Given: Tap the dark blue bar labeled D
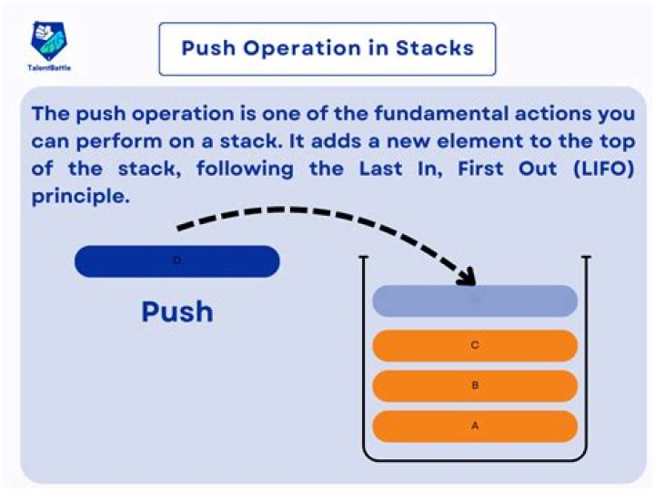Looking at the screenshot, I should pyautogui.click(x=176, y=261).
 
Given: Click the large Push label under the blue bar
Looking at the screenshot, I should pyautogui.click(x=177, y=312).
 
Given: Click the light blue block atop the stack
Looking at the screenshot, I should pyautogui.click(x=475, y=302).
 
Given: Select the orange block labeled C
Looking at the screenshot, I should pyautogui.click(x=475, y=346).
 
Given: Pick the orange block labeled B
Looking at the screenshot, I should pyautogui.click(x=475, y=386).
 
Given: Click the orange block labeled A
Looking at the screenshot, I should pyautogui.click(x=475, y=426).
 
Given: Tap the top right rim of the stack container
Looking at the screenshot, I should pyautogui.click(x=586, y=258).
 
